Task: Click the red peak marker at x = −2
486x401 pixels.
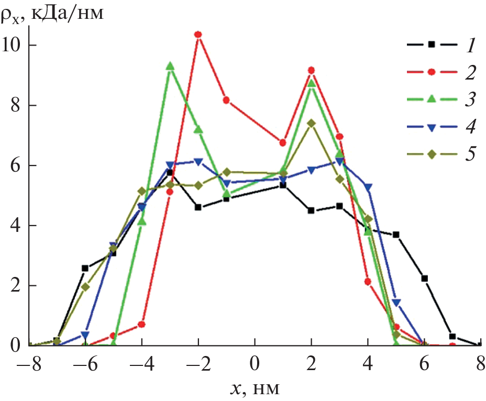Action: [x=198, y=35]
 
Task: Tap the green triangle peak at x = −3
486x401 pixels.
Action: [x=170, y=66]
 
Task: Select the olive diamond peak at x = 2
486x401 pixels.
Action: [x=311, y=123]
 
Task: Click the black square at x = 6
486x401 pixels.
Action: [x=424, y=279]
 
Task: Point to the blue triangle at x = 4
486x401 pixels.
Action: [x=368, y=187]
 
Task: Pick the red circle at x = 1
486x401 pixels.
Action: [x=283, y=142]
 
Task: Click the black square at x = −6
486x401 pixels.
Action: [x=85, y=268]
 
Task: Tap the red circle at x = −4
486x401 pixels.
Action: [x=141, y=325]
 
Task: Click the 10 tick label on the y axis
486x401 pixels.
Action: [x=14, y=45]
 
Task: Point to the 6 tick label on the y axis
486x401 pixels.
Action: [x=17, y=165]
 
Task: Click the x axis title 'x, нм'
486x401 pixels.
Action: [x=256, y=388]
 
